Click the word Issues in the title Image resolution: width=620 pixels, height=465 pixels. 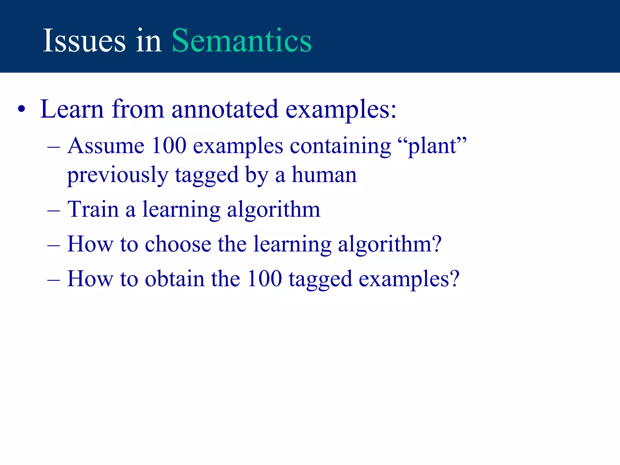[x=84, y=41]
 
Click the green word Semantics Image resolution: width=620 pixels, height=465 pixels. [x=242, y=41]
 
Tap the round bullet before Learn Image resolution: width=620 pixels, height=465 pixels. [x=21, y=110]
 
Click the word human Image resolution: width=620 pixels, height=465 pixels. [x=324, y=175]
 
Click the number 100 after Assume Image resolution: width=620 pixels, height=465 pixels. [x=169, y=146]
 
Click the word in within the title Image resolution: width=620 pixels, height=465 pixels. [x=149, y=41]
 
